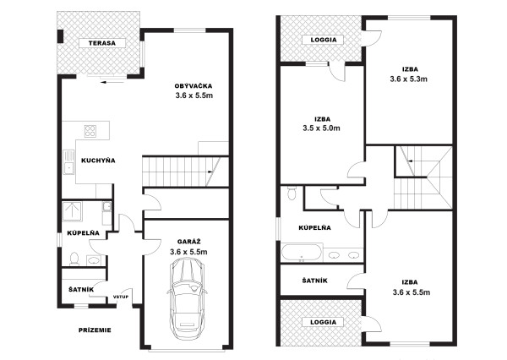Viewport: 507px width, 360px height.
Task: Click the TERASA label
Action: (102, 43)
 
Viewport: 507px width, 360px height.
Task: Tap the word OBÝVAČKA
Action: (194, 86)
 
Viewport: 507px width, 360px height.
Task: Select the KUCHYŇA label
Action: (98, 161)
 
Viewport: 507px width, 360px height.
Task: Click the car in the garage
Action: (188, 298)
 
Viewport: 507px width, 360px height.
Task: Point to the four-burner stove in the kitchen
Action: (90, 131)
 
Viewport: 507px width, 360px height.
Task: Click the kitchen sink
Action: (68, 162)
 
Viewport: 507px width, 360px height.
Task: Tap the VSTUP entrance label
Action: (121, 297)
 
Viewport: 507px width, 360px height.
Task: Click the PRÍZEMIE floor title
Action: (95, 330)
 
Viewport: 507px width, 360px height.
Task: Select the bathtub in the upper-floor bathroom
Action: (302, 253)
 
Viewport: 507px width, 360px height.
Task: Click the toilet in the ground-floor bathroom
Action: (74, 259)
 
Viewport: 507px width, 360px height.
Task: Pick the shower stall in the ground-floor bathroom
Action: (72, 211)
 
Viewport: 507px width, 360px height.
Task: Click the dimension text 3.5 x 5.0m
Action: (321, 128)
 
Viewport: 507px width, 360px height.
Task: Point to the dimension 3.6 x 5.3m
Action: (409, 79)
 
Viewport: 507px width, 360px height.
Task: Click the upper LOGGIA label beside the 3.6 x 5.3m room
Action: (324, 40)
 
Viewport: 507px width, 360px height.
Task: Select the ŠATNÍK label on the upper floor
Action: (315, 281)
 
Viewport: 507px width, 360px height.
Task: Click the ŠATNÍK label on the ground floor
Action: (81, 290)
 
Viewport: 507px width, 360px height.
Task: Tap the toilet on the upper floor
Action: (292, 194)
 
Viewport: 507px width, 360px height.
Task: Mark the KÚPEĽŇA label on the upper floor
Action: (314, 227)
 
